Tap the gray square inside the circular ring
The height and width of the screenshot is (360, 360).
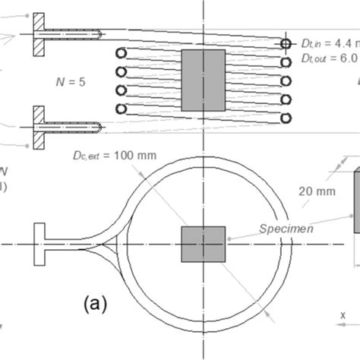[203, 245]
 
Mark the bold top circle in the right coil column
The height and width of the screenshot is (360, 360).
[286, 44]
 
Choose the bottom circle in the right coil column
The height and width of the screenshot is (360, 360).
[286, 118]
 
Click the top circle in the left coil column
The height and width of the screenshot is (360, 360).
[120, 53]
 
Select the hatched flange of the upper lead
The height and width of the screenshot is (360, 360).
[39, 34]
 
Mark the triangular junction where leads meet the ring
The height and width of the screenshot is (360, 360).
[114, 244]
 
